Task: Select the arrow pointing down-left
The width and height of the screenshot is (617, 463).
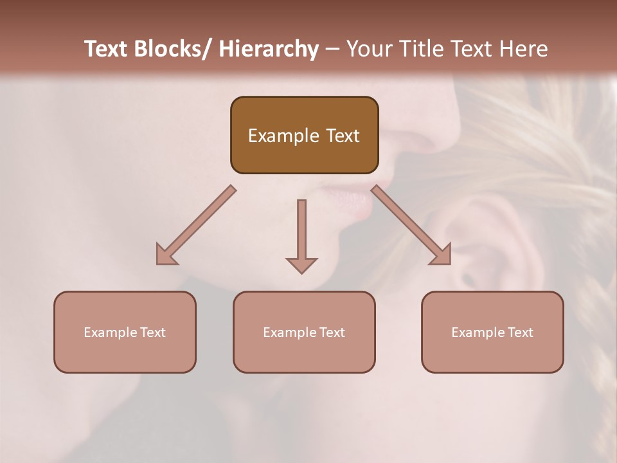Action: click(196, 225)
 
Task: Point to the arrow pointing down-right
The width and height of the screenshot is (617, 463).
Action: click(411, 225)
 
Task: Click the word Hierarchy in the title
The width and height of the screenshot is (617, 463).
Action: click(269, 49)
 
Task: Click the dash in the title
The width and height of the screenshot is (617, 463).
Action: click(332, 49)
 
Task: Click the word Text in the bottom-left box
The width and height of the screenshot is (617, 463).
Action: click(152, 332)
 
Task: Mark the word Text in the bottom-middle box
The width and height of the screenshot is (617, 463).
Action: click(331, 332)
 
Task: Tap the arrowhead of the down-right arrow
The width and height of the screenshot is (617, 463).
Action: click(442, 255)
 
